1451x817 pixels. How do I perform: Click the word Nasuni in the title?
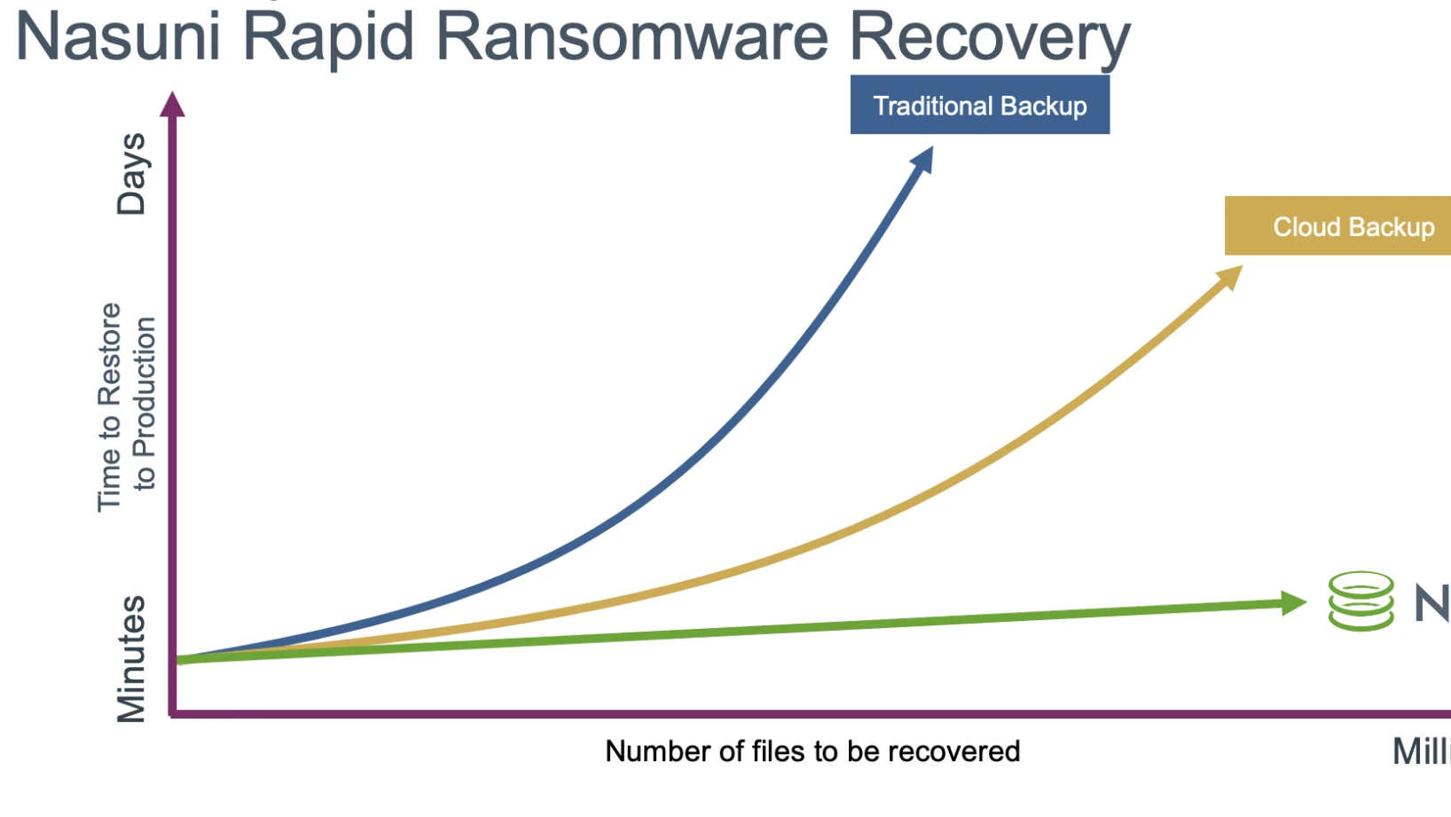pos(118,37)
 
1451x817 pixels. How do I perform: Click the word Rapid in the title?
pos(328,37)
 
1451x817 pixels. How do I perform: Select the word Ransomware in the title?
pos(631,37)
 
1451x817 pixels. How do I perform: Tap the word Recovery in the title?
pos(989,37)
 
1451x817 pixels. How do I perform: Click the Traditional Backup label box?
pos(979,106)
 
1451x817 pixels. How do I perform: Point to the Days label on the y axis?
pos(131,174)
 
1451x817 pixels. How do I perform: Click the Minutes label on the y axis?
pos(131,658)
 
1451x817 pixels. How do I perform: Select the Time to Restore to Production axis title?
pos(126,406)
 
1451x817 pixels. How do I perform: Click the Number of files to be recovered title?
pos(812,751)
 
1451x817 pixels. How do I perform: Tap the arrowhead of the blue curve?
pos(923,160)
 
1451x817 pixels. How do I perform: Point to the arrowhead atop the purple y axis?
pos(173,104)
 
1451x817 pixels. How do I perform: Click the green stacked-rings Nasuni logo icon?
pos(1361,601)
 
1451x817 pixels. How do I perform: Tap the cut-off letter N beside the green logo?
pos(1431,603)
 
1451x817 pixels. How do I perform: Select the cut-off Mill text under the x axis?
pos(1421,751)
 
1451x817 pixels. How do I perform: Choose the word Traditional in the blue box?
pos(932,106)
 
